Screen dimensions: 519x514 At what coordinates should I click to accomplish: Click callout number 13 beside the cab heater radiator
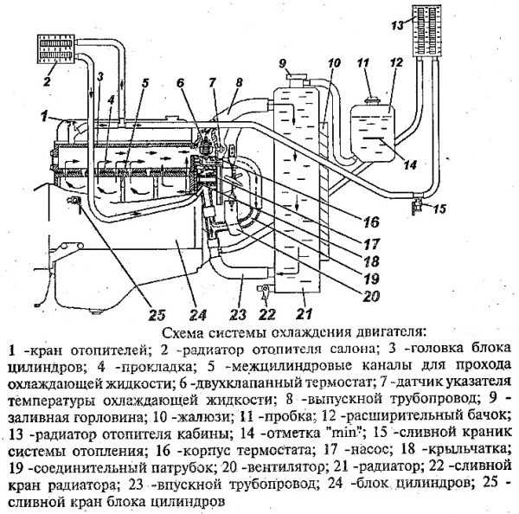[397, 25]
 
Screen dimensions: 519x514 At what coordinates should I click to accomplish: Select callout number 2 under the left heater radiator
[47, 81]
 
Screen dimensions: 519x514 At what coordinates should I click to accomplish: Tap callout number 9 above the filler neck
[282, 63]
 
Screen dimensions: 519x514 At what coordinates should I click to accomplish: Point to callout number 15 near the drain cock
[440, 209]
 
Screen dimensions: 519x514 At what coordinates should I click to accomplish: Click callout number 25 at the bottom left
[157, 315]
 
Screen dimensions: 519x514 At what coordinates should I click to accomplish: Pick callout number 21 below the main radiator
[304, 313]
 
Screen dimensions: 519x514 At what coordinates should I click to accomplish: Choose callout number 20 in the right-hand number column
[371, 296]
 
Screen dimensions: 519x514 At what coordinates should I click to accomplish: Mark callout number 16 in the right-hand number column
[371, 222]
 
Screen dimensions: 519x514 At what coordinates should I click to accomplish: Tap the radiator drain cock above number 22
[265, 290]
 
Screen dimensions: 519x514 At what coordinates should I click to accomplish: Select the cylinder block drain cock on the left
[74, 201]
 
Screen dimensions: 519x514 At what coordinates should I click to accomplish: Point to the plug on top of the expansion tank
[372, 100]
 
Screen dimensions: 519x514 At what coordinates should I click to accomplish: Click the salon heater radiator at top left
[55, 48]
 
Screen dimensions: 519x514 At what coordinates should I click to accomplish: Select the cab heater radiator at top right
[427, 30]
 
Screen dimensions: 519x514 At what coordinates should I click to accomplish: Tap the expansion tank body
[373, 132]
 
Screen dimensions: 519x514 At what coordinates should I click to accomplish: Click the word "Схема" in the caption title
[183, 332]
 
